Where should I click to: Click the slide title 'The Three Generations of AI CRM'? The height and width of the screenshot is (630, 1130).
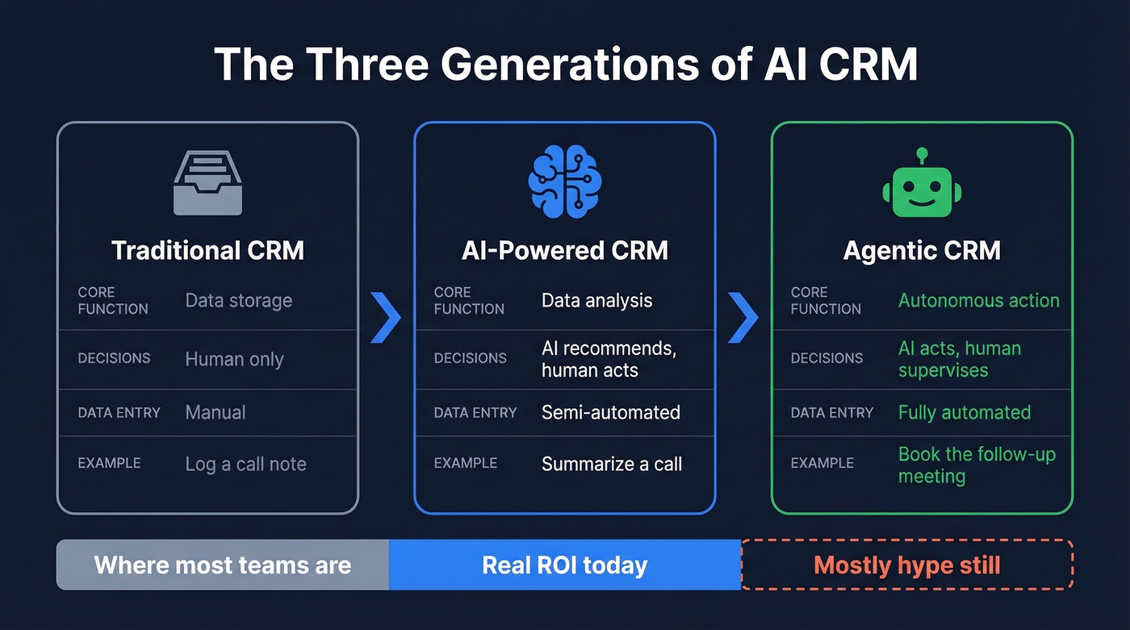pyautogui.click(x=565, y=64)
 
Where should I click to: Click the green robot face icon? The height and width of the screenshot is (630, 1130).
pyautogui.click(x=922, y=185)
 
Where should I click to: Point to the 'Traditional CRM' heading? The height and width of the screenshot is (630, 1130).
pyautogui.click(x=207, y=250)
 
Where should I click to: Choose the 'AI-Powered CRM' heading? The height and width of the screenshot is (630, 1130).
pyautogui.click(x=565, y=250)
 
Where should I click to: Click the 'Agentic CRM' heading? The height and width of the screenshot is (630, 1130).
pyautogui.click(x=922, y=250)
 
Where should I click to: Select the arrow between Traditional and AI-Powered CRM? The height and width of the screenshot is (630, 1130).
pyautogui.click(x=386, y=318)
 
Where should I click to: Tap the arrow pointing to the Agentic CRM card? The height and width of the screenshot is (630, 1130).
pyautogui.click(x=743, y=318)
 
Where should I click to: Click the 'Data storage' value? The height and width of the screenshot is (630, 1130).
pyautogui.click(x=239, y=301)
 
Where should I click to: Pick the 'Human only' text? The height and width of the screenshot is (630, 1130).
pyautogui.click(x=234, y=359)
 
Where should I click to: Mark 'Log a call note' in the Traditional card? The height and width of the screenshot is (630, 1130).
pyautogui.click(x=245, y=464)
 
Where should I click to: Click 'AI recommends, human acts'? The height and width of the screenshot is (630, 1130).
pyautogui.click(x=609, y=359)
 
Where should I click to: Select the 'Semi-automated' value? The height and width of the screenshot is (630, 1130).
pyautogui.click(x=610, y=412)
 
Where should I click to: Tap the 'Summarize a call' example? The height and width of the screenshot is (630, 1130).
pyautogui.click(x=611, y=464)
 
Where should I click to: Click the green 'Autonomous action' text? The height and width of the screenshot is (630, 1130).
pyautogui.click(x=978, y=301)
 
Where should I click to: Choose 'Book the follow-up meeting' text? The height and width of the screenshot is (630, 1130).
pyautogui.click(x=977, y=465)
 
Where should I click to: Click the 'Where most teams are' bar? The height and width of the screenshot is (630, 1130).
pyautogui.click(x=223, y=565)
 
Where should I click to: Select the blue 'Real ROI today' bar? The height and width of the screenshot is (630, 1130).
pyautogui.click(x=565, y=565)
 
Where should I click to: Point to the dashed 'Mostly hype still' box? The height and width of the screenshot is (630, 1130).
pyautogui.click(x=907, y=565)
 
